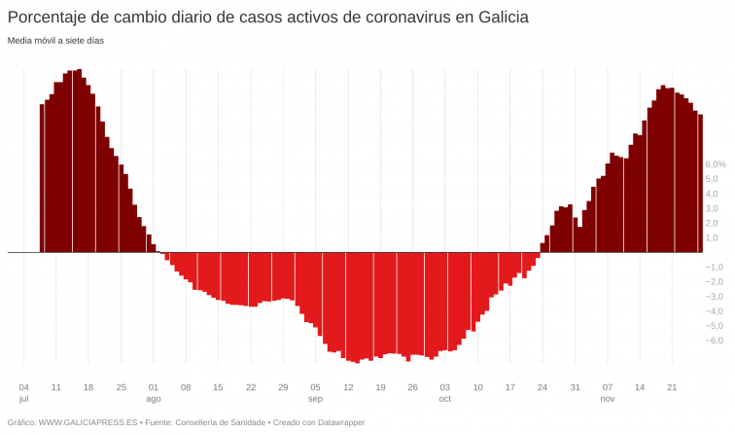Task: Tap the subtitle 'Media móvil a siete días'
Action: click(x=55, y=41)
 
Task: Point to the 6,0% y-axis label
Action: click(x=716, y=164)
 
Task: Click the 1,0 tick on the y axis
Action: click(x=712, y=237)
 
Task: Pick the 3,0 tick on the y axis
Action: click(x=712, y=208)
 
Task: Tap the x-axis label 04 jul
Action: click(x=24, y=392)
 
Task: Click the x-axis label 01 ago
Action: click(x=154, y=392)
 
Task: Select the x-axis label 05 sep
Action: click(x=315, y=392)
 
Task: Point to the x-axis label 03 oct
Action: click(x=445, y=392)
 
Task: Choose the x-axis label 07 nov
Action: click(x=608, y=392)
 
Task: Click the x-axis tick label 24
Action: click(x=542, y=387)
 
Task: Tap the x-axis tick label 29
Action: click(x=283, y=387)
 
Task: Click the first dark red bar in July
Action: click(x=42, y=178)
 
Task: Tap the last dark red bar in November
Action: click(x=700, y=183)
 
